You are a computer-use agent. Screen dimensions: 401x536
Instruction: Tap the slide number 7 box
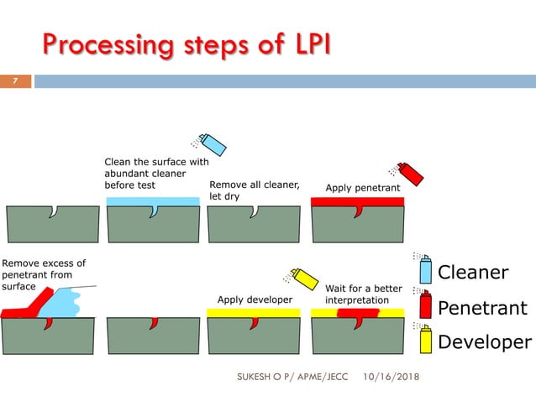(x=14, y=81)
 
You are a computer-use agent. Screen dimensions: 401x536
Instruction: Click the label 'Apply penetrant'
(x=362, y=188)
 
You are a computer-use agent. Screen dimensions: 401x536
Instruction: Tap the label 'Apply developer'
(x=255, y=299)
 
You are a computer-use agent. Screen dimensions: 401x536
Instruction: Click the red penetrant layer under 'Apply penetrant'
(x=358, y=201)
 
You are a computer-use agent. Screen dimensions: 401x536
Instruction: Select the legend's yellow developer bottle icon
(x=425, y=339)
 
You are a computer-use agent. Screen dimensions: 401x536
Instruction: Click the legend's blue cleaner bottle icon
(x=425, y=270)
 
